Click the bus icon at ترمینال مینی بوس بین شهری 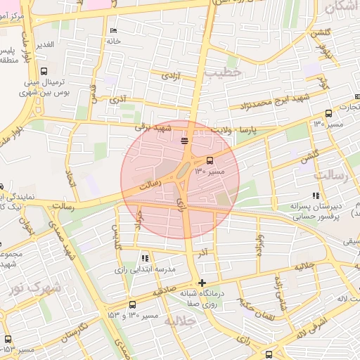tap(44, 71)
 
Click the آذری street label tap(118, 101)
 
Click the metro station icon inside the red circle tap(184, 141)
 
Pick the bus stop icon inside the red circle tap(210, 160)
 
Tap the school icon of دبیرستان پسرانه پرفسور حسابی tap(316, 195)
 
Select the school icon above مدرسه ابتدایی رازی tap(145, 258)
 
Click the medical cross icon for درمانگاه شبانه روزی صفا tap(202, 283)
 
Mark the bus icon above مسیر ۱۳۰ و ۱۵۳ tap(133, 304)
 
